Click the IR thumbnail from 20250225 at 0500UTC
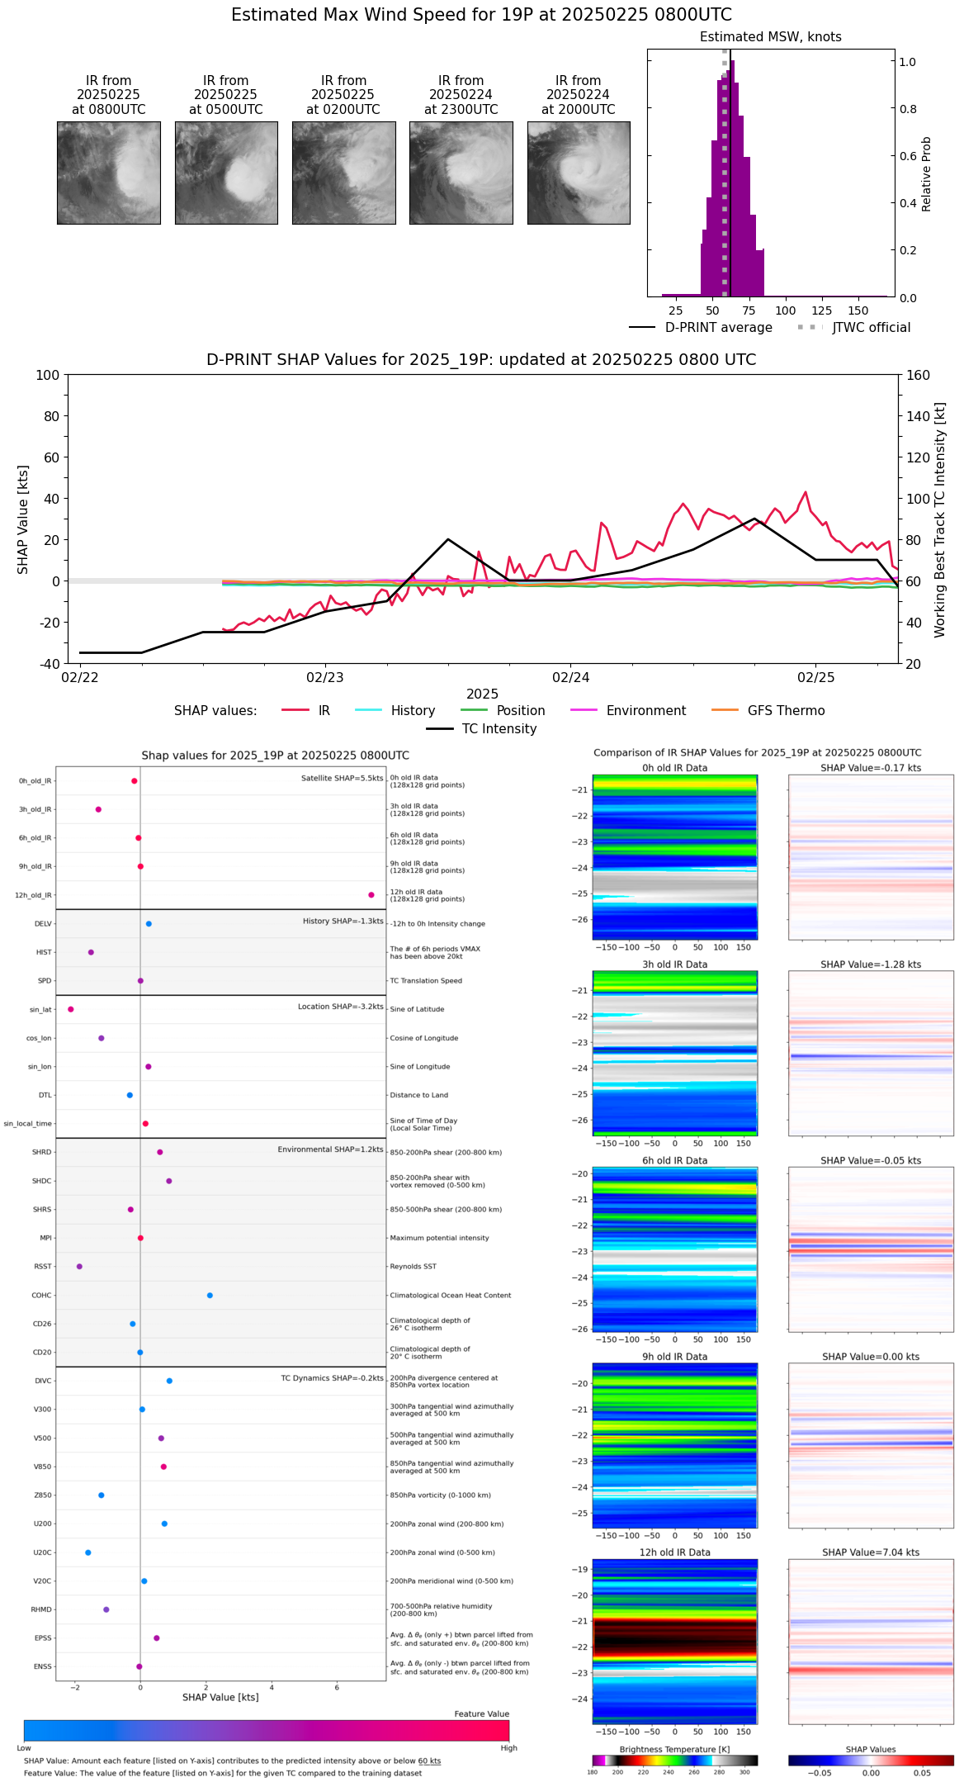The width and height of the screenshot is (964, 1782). click(x=226, y=173)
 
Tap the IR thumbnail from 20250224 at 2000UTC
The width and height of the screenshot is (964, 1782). click(x=579, y=173)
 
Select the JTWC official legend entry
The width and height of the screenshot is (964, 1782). click(x=871, y=328)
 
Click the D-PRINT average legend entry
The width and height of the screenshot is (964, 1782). click(x=718, y=328)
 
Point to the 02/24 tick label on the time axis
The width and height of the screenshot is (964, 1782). click(x=570, y=677)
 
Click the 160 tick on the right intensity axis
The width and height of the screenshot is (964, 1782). click(x=918, y=376)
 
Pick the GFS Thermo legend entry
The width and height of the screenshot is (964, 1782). click(x=786, y=711)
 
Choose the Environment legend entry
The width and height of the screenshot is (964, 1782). click(x=645, y=711)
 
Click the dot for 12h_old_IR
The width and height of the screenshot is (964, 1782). click(x=371, y=895)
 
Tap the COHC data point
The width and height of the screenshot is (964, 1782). click(x=210, y=1296)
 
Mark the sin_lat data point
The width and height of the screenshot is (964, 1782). click(x=71, y=1009)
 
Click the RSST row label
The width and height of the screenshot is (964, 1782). click(x=43, y=1267)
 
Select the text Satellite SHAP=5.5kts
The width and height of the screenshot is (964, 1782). click(x=342, y=778)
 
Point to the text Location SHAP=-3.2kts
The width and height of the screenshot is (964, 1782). click(x=340, y=1007)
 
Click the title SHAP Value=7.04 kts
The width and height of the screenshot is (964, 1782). click(x=871, y=1552)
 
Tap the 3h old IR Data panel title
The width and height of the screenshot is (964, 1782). click(x=674, y=964)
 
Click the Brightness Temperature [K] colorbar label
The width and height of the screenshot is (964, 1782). click(x=674, y=1750)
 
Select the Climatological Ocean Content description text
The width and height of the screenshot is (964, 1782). click(x=450, y=1296)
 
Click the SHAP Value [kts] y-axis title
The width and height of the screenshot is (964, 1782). click(x=23, y=519)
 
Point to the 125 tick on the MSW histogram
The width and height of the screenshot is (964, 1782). click(x=822, y=310)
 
